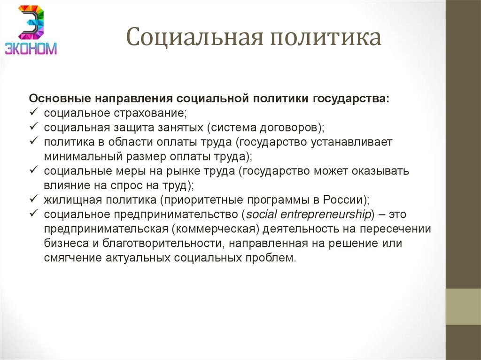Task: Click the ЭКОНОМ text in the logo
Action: (31, 48)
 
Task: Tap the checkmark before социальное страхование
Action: (34, 113)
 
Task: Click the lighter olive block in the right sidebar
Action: (463, 306)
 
